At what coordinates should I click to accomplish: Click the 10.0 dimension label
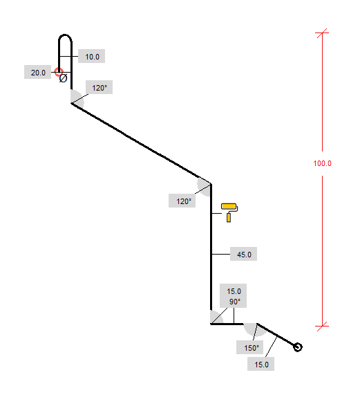[x=92, y=57]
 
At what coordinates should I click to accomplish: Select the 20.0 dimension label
[x=38, y=73]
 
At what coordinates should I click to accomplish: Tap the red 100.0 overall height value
[x=322, y=163]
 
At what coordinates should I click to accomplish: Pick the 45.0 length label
[x=244, y=255]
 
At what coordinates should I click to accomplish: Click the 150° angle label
[x=252, y=348]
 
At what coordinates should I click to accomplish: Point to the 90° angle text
[x=235, y=302]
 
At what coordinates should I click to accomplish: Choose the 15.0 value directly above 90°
[x=234, y=291]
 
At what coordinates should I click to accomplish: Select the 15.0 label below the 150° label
[x=261, y=365]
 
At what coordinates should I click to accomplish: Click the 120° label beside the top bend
[x=100, y=88]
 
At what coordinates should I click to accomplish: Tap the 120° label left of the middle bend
[x=184, y=201]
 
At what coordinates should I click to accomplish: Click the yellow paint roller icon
[x=229, y=212]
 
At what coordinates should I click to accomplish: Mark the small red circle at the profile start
[x=59, y=71]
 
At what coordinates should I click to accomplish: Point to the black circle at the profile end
[x=298, y=347]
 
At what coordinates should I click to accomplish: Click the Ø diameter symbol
[x=63, y=78]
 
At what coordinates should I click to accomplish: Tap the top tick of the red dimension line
[x=322, y=33]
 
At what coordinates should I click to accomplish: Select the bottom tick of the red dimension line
[x=322, y=326]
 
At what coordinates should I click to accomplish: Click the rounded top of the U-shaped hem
[x=65, y=35]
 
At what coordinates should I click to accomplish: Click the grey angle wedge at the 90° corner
[x=216, y=318]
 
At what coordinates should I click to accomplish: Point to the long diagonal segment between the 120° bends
[x=141, y=143]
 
